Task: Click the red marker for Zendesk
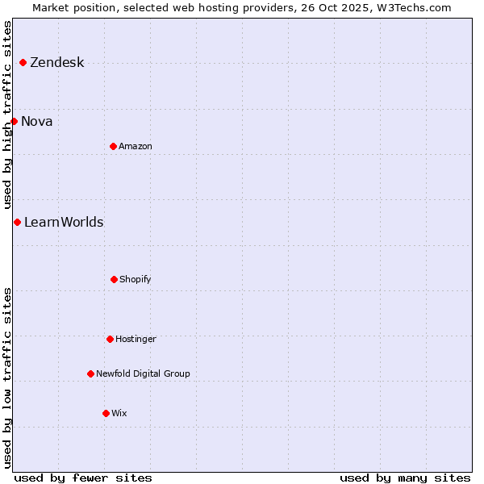(23, 62)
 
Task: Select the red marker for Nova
(14, 121)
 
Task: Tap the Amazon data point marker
(113, 146)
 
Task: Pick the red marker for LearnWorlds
(17, 222)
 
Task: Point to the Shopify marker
(114, 279)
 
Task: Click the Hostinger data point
(110, 339)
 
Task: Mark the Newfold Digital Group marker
(90, 373)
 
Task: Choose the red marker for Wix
(106, 413)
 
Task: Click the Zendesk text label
(56, 63)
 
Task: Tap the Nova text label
(37, 122)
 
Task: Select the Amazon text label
(136, 147)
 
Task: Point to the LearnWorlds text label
(64, 223)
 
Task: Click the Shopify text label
(136, 280)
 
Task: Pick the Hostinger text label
(136, 340)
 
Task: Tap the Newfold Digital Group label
(143, 374)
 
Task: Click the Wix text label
(119, 414)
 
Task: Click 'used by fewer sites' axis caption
(83, 478)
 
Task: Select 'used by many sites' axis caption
(405, 478)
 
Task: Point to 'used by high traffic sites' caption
(7, 115)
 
